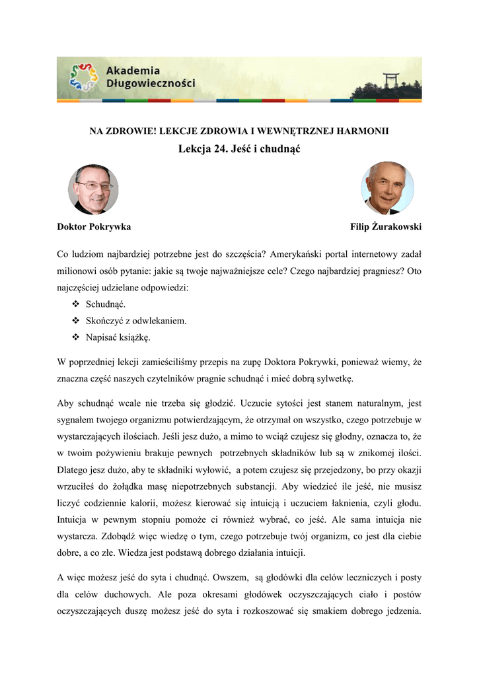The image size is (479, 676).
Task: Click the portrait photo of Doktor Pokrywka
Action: pos(93,189)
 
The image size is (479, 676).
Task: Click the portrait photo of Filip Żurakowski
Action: pos(387,188)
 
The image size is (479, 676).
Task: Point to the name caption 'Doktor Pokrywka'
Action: pos(94,226)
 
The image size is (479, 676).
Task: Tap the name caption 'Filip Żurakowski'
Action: pos(386,226)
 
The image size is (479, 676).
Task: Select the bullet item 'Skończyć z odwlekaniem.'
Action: pos(137,321)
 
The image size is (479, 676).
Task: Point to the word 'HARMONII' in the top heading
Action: pos(365,131)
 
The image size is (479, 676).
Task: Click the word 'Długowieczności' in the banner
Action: pos(151,84)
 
